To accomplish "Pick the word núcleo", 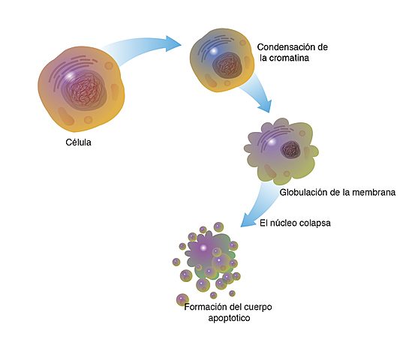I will point(285,223).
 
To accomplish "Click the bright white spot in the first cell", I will point(68,76).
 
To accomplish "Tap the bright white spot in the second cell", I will point(213,51).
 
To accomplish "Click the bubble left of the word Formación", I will point(182,299).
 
